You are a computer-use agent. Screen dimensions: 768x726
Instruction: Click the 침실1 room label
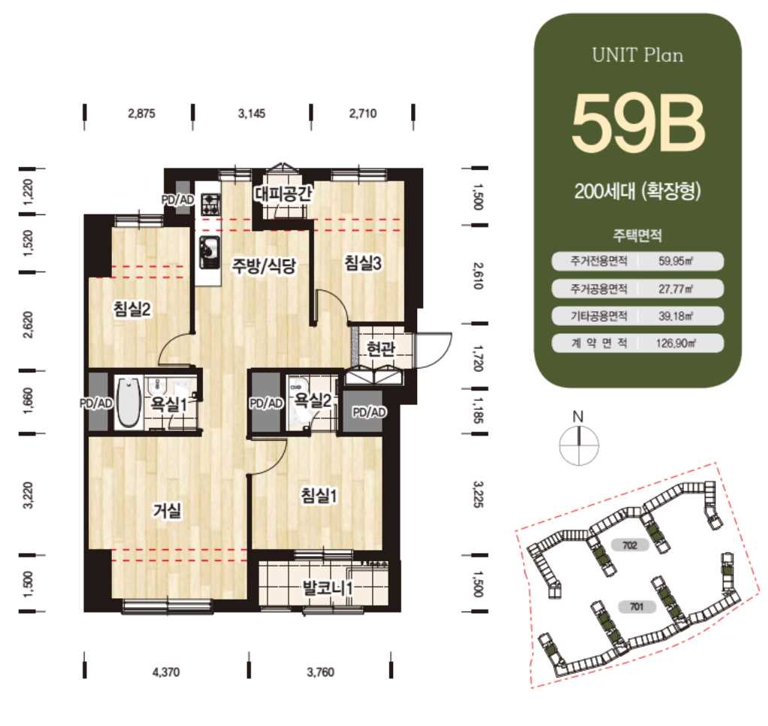click(x=319, y=496)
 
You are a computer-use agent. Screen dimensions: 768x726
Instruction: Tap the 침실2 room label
click(x=132, y=308)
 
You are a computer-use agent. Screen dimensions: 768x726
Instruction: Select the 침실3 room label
click(x=363, y=263)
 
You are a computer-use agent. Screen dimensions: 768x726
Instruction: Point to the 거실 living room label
click(x=168, y=510)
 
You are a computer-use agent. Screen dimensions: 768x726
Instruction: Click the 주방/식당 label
click(x=265, y=266)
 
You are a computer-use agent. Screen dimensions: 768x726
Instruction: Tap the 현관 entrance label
click(x=380, y=348)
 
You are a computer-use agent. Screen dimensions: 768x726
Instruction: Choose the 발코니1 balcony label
click(x=328, y=588)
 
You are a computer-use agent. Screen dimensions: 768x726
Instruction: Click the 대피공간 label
click(x=283, y=193)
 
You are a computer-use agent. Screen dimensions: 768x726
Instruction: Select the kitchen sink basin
click(x=209, y=253)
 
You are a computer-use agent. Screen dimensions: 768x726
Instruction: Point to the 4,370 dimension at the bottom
click(x=166, y=672)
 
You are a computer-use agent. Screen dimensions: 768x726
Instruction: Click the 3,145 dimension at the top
click(x=252, y=114)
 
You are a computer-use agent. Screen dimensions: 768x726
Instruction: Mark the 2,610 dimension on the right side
click(x=478, y=275)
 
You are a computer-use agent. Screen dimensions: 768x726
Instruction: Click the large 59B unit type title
click(x=638, y=123)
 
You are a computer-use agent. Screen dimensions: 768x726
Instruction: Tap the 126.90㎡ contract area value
click(x=676, y=343)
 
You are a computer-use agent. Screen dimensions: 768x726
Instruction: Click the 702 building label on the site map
click(x=630, y=545)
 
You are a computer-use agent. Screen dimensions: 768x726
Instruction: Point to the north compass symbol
click(x=579, y=444)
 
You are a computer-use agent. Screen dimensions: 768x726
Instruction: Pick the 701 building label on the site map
click(x=636, y=607)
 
